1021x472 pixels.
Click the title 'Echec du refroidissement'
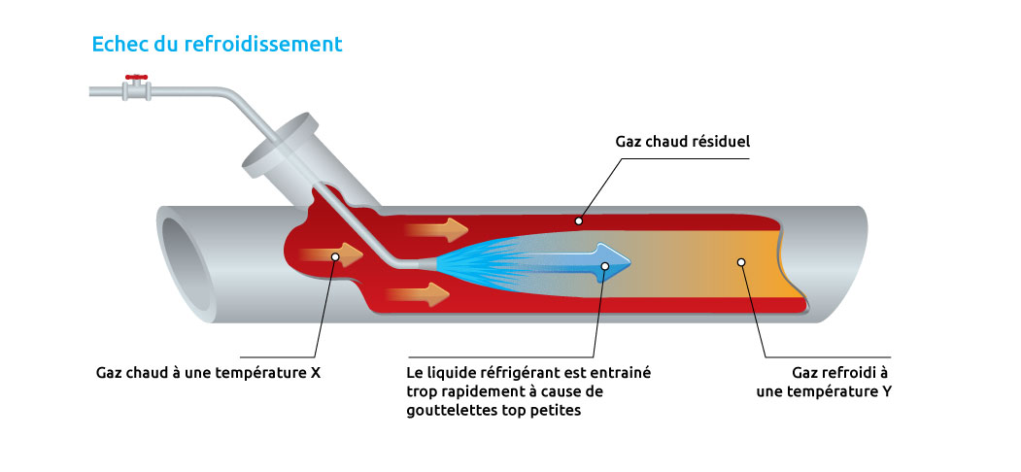pyautogui.click(x=216, y=44)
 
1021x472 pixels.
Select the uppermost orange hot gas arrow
pyautogui.click(x=435, y=230)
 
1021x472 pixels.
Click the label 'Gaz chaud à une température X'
pyautogui.click(x=208, y=372)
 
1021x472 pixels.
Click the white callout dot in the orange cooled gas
pyautogui.click(x=741, y=262)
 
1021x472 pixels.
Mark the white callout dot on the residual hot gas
pyautogui.click(x=579, y=220)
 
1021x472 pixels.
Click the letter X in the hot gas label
pyautogui.click(x=315, y=372)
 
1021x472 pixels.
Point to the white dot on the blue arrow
pyautogui.click(x=605, y=264)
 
